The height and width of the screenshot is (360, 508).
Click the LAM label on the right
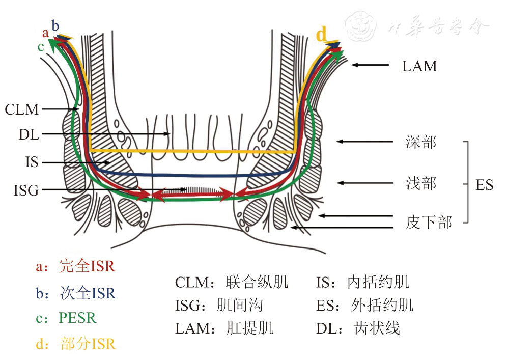(419, 66)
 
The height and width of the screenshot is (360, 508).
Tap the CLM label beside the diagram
(22, 109)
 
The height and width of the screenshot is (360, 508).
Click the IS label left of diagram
(32, 162)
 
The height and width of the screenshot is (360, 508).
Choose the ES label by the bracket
(484, 184)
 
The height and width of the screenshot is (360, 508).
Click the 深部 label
(421, 142)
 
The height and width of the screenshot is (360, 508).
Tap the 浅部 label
(421, 183)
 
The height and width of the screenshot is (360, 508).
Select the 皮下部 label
(429, 222)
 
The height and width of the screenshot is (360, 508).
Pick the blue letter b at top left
(55, 25)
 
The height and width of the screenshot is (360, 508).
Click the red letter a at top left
(46, 33)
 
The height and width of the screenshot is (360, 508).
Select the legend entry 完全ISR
(87, 266)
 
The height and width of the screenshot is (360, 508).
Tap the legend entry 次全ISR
(87, 293)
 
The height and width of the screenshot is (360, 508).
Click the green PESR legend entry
(77, 318)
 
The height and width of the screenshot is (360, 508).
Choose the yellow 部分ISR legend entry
(87, 344)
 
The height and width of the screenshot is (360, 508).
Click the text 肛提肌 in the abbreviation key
(249, 328)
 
